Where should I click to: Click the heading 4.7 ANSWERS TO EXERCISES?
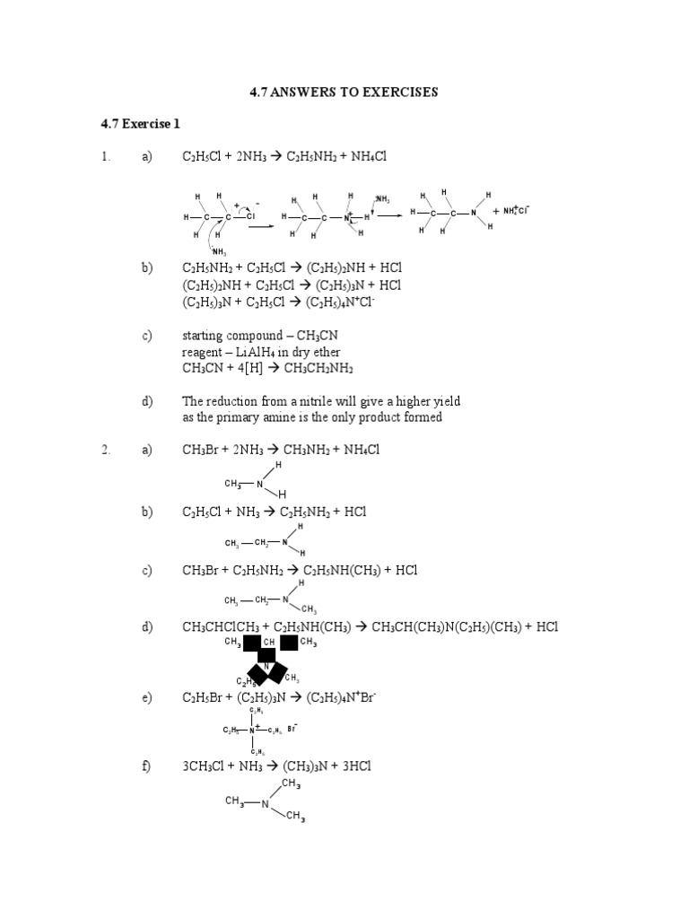pyautogui.click(x=344, y=92)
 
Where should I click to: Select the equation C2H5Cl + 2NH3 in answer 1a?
pyautogui.click(x=283, y=156)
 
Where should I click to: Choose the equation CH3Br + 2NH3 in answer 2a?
pyautogui.click(x=281, y=450)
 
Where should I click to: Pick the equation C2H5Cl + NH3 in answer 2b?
pyautogui.click(x=274, y=512)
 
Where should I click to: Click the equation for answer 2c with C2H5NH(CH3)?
pyautogui.click(x=300, y=570)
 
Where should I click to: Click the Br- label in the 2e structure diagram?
pyautogui.click(x=293, y=729)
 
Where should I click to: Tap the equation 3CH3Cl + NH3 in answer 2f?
pyautogui.click(x=276, y=766)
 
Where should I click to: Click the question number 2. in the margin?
pyautogui.click(x=106, y=450)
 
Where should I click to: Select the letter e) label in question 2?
pyautogui.click(x=147, y=697)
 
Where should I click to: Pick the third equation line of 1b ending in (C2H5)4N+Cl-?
pyautogui.click(x=278, y=302)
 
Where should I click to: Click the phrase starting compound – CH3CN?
pyautogui.click(x=246, y=337)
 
